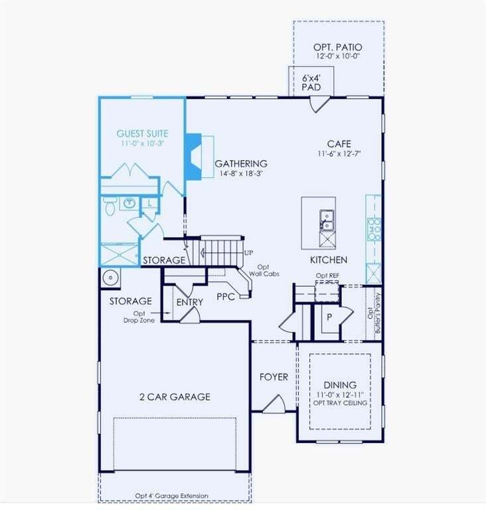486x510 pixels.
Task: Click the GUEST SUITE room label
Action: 142,133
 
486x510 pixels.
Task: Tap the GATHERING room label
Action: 241,163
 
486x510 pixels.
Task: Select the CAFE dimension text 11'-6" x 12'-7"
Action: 339,154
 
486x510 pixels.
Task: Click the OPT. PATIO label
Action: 338,47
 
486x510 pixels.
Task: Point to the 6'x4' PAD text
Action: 311,82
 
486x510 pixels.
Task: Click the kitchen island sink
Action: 326,220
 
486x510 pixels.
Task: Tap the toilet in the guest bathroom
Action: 110,206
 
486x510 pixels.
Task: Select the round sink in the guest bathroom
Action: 129,203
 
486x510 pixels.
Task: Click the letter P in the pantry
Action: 329,317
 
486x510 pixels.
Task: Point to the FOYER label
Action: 274,377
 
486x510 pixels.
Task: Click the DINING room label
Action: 340,385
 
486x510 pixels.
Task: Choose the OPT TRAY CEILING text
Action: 340,403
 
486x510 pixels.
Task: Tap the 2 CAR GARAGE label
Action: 175,397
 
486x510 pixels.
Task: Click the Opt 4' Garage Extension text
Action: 172,495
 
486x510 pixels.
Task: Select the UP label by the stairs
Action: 248,253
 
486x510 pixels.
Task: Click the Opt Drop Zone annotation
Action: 139,317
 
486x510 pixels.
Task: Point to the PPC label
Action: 226,297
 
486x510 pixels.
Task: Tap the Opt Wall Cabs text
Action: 264,271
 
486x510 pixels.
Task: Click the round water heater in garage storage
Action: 111,278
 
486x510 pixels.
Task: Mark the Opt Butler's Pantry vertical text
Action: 374,313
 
